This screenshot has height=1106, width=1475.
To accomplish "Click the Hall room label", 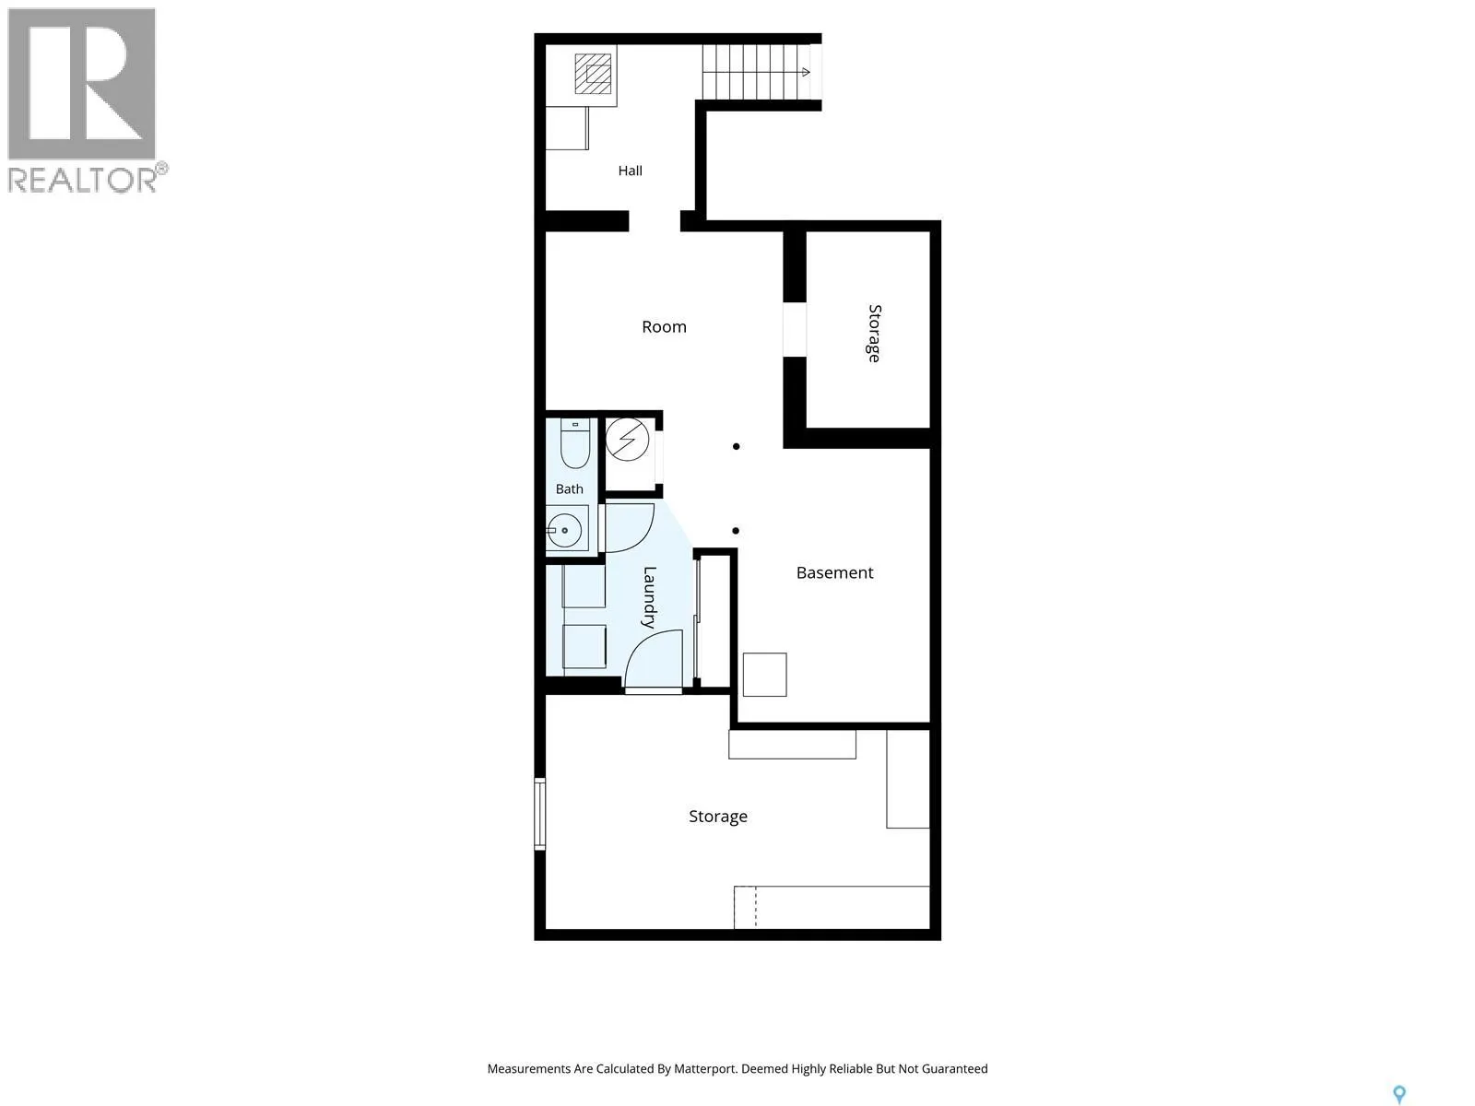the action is pyautogui.click(x=630, y=171).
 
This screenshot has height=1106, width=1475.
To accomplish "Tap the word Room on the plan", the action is pyautogui.click(x=664, y=327).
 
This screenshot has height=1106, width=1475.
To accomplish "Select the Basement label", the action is pyautogui.click(x=834, y=572).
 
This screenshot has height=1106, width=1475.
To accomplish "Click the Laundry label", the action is pyautogui.click(x=649, y=597).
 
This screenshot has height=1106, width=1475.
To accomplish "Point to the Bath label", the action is pyautogui.click(x=569, y=489).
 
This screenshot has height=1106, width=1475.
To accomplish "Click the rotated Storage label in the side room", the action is pyautogui.click(x=874, y=333).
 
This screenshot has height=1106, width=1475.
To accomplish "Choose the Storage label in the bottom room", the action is pyautogui.click(x=717, y=817).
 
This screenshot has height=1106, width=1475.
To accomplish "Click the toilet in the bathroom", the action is pyautogui.click(x=575, y=443).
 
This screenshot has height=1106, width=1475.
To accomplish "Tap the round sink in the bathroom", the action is pyautogui.click(x=564, y=531).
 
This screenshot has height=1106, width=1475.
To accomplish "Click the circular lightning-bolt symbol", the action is pyautogui.click(x=628, y=440).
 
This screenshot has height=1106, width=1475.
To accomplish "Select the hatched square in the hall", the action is pyautogui.click(x=593, y=74).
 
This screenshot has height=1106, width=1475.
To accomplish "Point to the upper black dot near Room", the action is pyautogui.click(x=737, y=447).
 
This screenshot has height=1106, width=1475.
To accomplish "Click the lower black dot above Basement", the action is pyautogui.click(x=736, y=531).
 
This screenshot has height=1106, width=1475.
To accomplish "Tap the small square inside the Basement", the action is pyautogui.click(x=765, y=675).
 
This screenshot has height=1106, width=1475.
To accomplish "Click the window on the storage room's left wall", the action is pyautogui.click(x=539, y=813).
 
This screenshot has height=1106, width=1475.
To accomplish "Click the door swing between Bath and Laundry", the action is pyautogui.click(x=629, y=528).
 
